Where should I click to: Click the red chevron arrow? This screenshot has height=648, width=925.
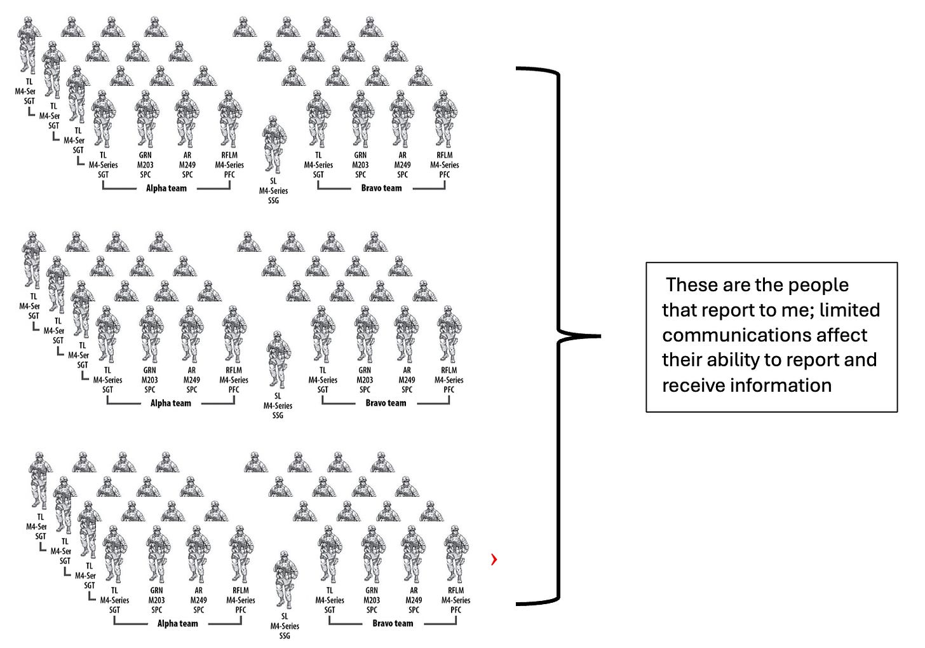pyautogui.click(x=494, y=559)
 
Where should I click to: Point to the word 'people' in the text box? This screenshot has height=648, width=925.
pyautogui.click(x=818, y=286)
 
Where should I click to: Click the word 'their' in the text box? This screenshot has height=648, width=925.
pyautogui.click(x=682, y=360)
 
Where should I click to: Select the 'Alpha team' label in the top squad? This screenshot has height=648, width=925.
pyautogui.click(x=166, y=188)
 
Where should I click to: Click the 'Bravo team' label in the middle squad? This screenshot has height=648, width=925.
pyautogui.click(x=386, y=403)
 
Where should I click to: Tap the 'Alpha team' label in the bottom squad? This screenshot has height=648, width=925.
pyautogui.click(x=177, y=624)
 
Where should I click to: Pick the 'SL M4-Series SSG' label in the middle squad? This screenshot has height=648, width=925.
pyautogui.click(x=278, y=406)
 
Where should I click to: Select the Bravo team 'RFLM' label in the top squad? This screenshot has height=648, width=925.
pyautogui.click(x=445, y=165)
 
